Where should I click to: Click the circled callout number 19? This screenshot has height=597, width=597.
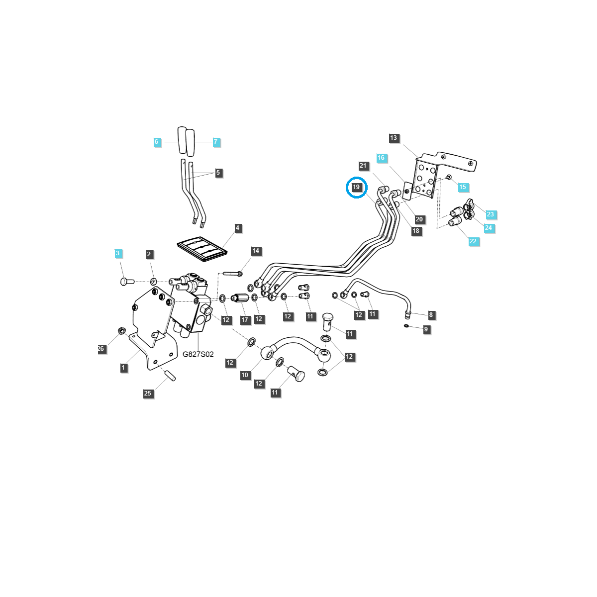[356, 187]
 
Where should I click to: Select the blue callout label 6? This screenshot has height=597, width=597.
[156, 142]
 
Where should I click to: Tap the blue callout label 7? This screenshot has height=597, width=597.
[215, 142]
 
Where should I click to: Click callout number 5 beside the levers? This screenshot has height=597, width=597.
[218, 173]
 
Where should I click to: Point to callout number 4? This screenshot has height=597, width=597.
[237, 228]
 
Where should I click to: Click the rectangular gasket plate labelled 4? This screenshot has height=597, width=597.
[202, 248]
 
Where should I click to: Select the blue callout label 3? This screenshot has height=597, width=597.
[118, 253]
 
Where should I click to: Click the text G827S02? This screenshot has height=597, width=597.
[198, 354]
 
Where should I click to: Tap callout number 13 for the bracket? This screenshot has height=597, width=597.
[394, 138]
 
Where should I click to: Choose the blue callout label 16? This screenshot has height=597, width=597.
[381, 158]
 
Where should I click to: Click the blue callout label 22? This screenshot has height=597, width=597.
[473, 241]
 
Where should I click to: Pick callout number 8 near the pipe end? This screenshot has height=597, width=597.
[431, 314]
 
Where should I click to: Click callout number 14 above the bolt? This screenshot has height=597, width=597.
[256, 251]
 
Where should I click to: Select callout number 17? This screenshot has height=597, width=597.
[245, 320]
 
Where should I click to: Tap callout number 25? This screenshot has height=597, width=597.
[148, 393]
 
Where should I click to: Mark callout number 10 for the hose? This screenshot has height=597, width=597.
[245, 375]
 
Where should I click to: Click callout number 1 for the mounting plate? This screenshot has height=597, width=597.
[123, 368]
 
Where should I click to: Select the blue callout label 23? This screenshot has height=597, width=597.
[490, 214]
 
